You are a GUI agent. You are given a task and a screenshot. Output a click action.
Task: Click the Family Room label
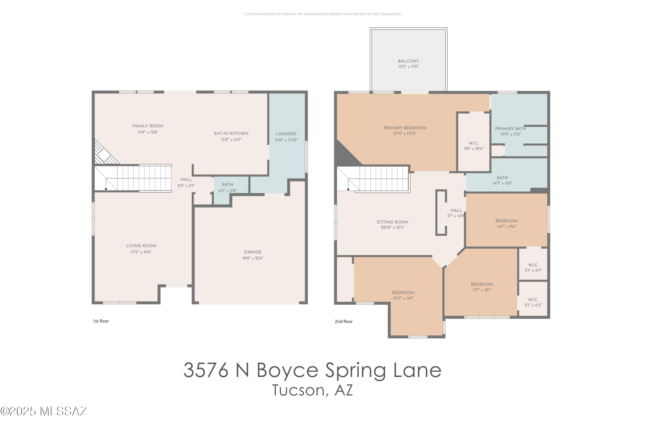[x=148, y=126]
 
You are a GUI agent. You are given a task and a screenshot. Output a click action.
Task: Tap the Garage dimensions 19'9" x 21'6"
[x=253, y=258]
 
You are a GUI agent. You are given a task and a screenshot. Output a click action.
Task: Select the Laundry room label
[x=286, y=134]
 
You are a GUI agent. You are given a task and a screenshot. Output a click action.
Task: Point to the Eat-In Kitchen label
[x=231, y=134]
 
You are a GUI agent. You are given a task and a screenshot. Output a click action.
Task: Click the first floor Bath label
[x=227, y=185]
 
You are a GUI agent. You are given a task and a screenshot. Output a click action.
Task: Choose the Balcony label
[x=408, y=61]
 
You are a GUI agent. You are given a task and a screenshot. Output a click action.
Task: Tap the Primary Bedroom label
[x=405, y=128]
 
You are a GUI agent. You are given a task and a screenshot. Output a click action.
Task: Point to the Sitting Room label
[x=392, y=222]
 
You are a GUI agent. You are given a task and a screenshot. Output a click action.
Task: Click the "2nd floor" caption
[x=343, y=322]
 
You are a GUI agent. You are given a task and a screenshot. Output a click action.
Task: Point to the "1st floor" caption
[x=101, y=321]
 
